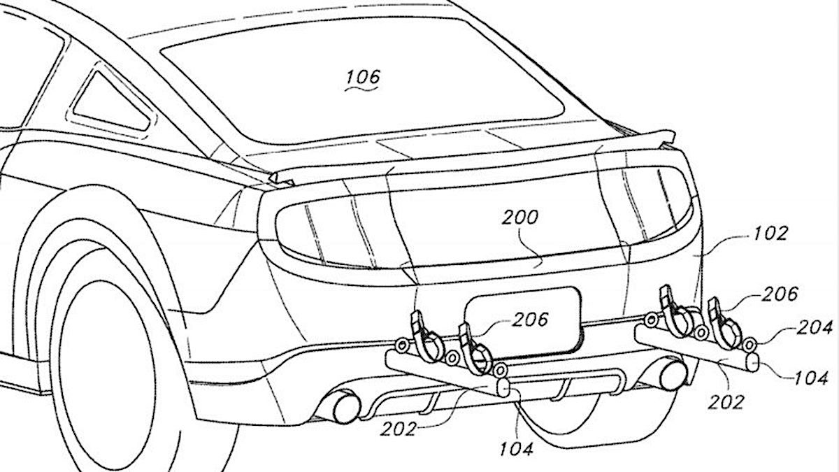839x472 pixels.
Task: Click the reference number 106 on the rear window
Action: [x=363, y=77]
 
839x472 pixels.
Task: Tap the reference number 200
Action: [x=520, y=217]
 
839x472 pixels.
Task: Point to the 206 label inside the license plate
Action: [x=530, y=320]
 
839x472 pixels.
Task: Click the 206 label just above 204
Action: [x=780, y=294]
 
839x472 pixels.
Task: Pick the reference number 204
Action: [x=815, y=328]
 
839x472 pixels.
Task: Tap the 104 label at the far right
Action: [x=811, y=378]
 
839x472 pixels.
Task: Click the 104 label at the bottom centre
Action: [x=517, y=449]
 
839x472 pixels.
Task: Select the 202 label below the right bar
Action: [x=726, y=402]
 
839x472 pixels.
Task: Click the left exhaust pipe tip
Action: [x=345, y=408]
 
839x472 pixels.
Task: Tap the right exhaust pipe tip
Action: [x=673, y=376]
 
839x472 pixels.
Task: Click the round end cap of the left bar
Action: [x=503, y=387]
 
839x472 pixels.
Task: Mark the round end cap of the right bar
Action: [x=752, y=362]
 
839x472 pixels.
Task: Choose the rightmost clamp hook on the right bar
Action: [x=724, y=324]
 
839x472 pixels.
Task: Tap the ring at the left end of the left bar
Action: [x=401, y=345]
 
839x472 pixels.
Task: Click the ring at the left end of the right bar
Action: [x=651, y=320]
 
